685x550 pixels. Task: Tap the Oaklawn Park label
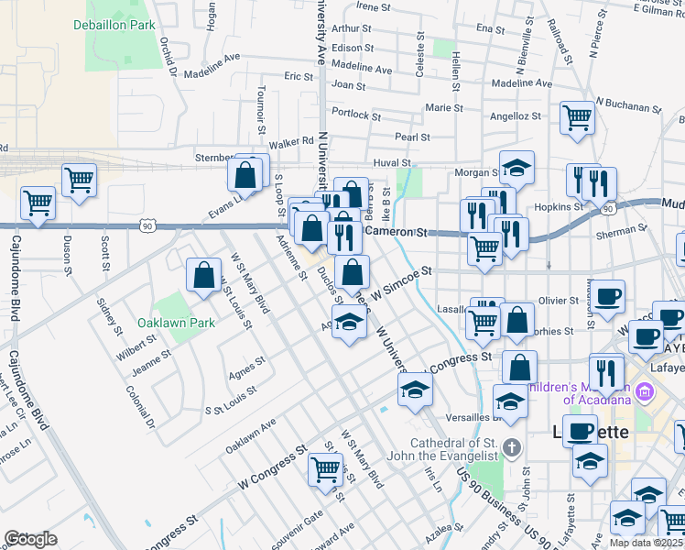pos(175,323)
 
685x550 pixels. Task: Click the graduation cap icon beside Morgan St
pos(516,167)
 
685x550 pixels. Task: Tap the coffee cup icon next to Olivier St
pos(608,297)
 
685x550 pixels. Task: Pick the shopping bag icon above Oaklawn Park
pos(203,274)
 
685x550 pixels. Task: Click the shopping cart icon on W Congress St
pos(326,469)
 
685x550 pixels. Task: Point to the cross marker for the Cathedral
pos(512,448)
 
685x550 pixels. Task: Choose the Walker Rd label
pos(291,143)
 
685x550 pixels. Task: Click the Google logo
pos(31,539)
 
